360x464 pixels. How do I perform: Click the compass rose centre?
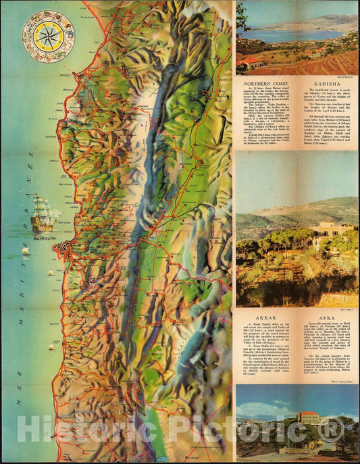(49, 36)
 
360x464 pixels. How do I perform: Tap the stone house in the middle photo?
(331, 230)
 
